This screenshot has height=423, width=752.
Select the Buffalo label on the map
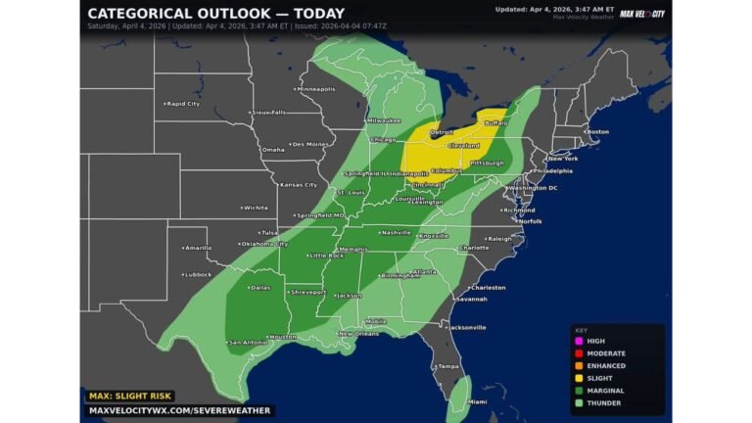click(x=495, y=123)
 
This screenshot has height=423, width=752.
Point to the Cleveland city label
click(x=462, y=145)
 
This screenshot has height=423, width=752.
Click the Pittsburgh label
click(x=487, y=163)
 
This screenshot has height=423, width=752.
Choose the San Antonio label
click(x=247, y=343)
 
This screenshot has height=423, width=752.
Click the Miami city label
click(x=476, y=401)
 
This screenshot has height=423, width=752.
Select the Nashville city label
click(x=396, y=232)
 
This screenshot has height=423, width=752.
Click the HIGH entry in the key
click(x=595, y=341)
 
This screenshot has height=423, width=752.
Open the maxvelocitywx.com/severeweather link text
click(x=179, y=411)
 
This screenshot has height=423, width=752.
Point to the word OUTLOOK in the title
click(x=234, y=14)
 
